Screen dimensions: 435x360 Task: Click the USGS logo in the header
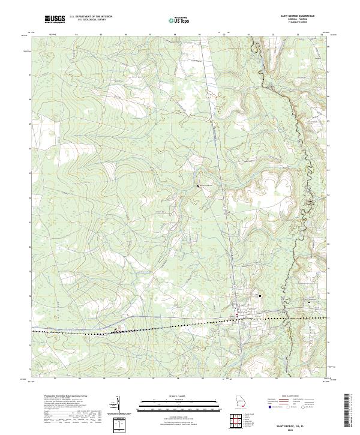click(x=55, y=19)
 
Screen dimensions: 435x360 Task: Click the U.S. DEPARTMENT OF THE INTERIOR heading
click(x=88, y=17)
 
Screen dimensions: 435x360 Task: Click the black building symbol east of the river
click(x=310, y=302)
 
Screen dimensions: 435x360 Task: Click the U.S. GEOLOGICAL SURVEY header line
click(x=88, y=20)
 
